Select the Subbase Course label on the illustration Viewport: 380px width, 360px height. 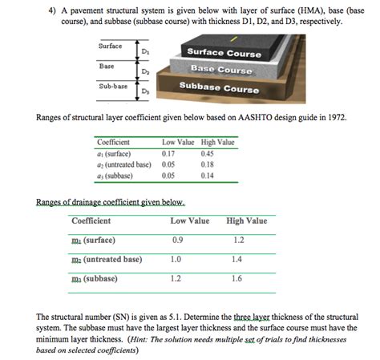pos(219,88)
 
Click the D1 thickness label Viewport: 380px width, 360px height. pos(144,52)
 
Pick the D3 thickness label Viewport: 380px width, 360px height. pos(144,92)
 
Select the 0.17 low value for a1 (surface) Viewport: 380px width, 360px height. pos(168,152)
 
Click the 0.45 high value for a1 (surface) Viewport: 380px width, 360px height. pos(207,152)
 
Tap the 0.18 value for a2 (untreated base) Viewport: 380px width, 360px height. pos(207,163)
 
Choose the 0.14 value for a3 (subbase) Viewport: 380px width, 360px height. pos(207,173)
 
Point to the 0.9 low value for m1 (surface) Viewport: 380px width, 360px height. pos(177,240)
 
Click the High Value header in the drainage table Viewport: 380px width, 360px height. pos(247,220)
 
